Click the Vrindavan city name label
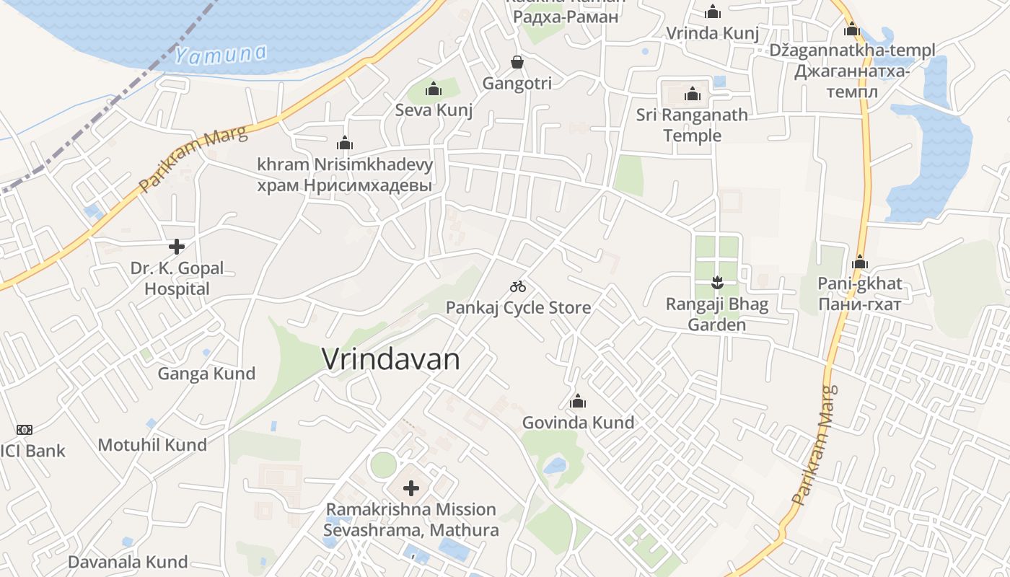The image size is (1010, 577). pyautogui.click(x=390, y=359)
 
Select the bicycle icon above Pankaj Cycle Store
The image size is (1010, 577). pyautogui.click(x=518, y=286)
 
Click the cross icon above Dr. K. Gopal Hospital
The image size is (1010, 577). pyautogui.click(x=177, y=247)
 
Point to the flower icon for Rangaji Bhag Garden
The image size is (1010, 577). pyautogui.click(x=716, y=282)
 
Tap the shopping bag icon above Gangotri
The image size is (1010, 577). pyautogui.click(x=517, y=62)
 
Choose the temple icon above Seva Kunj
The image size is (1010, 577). pyautogui.click(x=434, y=89)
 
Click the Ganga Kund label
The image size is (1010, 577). pyautogui.click(x=206, y=374)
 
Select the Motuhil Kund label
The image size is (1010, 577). pyautogui.click(x=152, y=445)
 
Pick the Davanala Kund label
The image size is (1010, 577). pyautogui.click(x=128, y=562)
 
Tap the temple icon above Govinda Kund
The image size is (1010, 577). pyautogui.click(x=578, y=401)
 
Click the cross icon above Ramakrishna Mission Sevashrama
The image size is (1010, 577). pyautogui.click(x=411, y=488)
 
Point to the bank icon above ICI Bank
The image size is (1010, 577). pyautogui.click(x=25, y=430)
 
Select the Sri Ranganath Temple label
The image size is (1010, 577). pyautogui.click(x=692, y=125)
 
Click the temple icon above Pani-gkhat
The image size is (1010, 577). pyautogui.click(x=859, y=262)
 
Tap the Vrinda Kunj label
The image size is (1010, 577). pyautogui.click(x=712, y=33)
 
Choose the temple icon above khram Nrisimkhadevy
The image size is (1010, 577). pyautogui.click(x=345, y=143)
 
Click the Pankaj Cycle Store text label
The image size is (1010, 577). pyautogui.click(x=518, y=308)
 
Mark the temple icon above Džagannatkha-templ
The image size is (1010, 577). pyautogui.click(x=852, y=29)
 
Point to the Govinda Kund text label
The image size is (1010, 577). pyautogui.click(x=578, y=423)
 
